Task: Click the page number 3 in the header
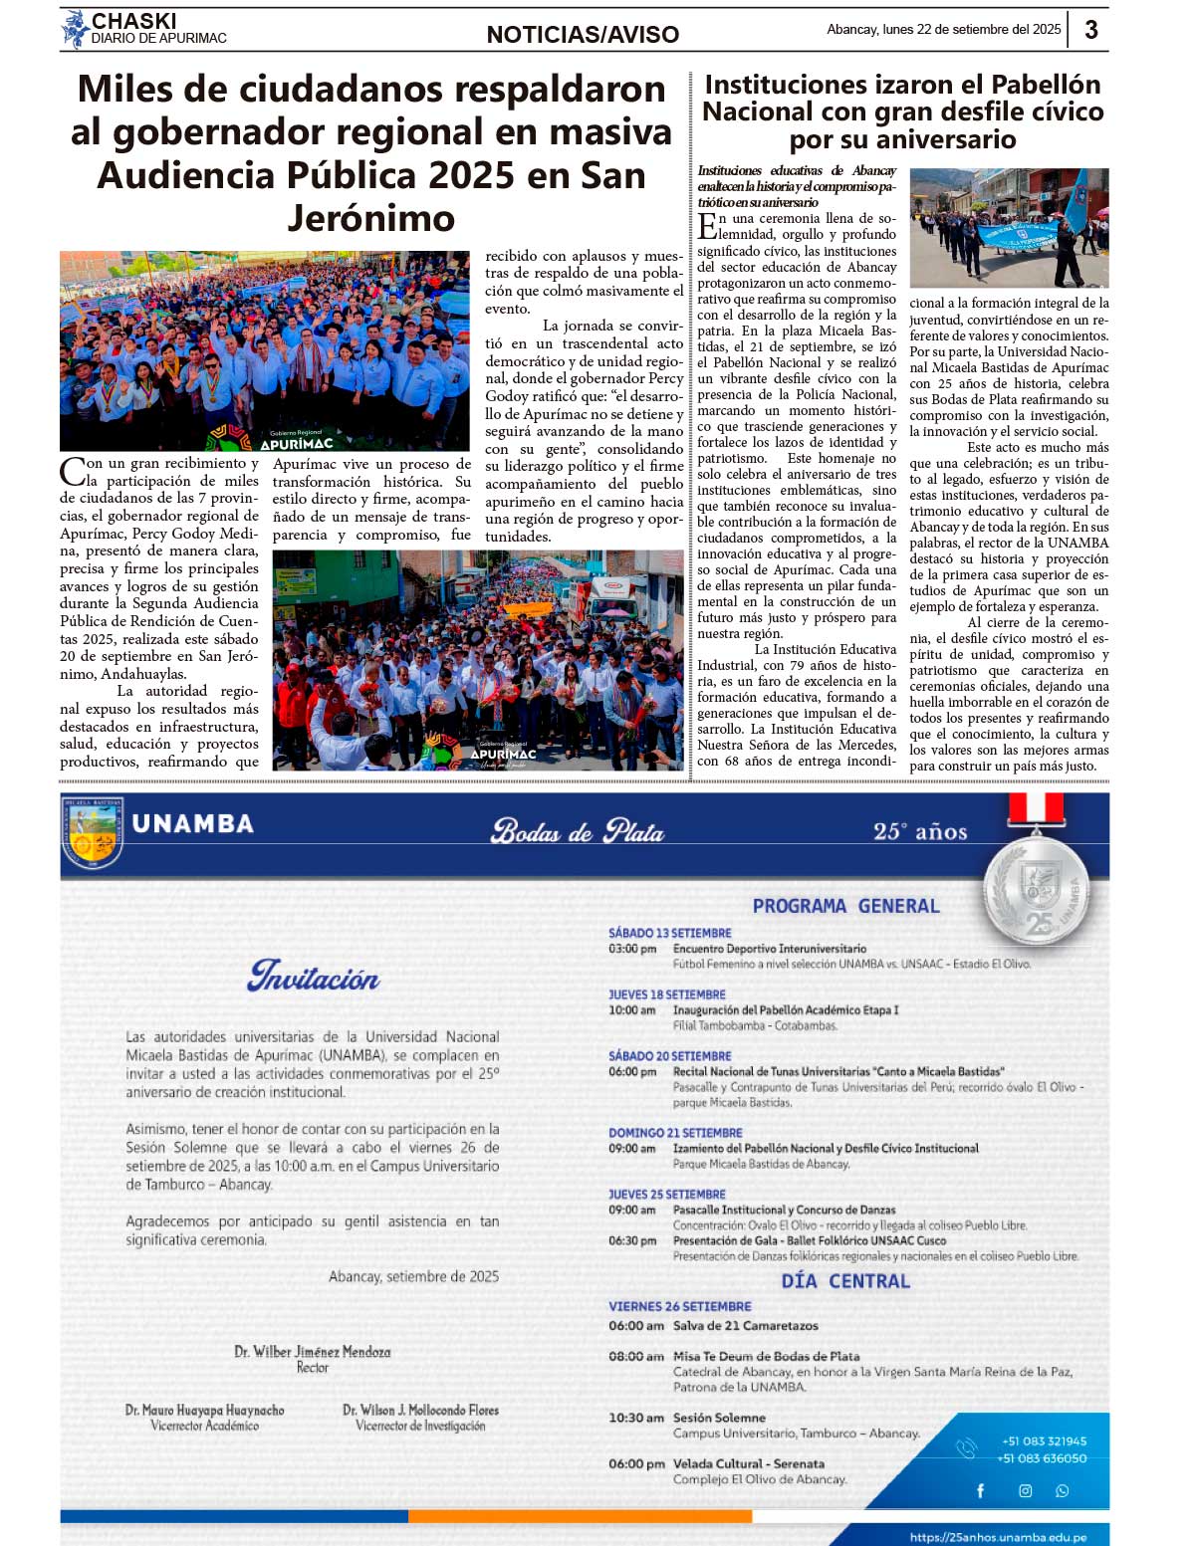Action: point(1091,29)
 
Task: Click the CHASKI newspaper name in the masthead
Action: point(133,21)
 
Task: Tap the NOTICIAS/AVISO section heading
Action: point(583,35)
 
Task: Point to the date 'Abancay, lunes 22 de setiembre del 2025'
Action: point(943,30)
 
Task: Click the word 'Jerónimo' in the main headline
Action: point(371,218)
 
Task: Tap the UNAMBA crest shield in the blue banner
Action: point(93,830)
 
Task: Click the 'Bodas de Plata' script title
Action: point(578,831)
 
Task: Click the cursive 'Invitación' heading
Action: point(314,977)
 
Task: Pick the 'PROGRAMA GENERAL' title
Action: point(845,906)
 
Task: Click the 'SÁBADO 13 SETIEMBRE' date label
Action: point(669,933)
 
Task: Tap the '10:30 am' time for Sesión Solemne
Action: point(635,1418)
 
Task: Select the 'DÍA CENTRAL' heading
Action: point(845,1281)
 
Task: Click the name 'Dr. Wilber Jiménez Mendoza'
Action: point(313,1352)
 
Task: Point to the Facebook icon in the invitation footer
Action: point(980,1490)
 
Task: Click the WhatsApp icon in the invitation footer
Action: point(1062,1490)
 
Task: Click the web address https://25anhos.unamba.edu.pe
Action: point(998,1537)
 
